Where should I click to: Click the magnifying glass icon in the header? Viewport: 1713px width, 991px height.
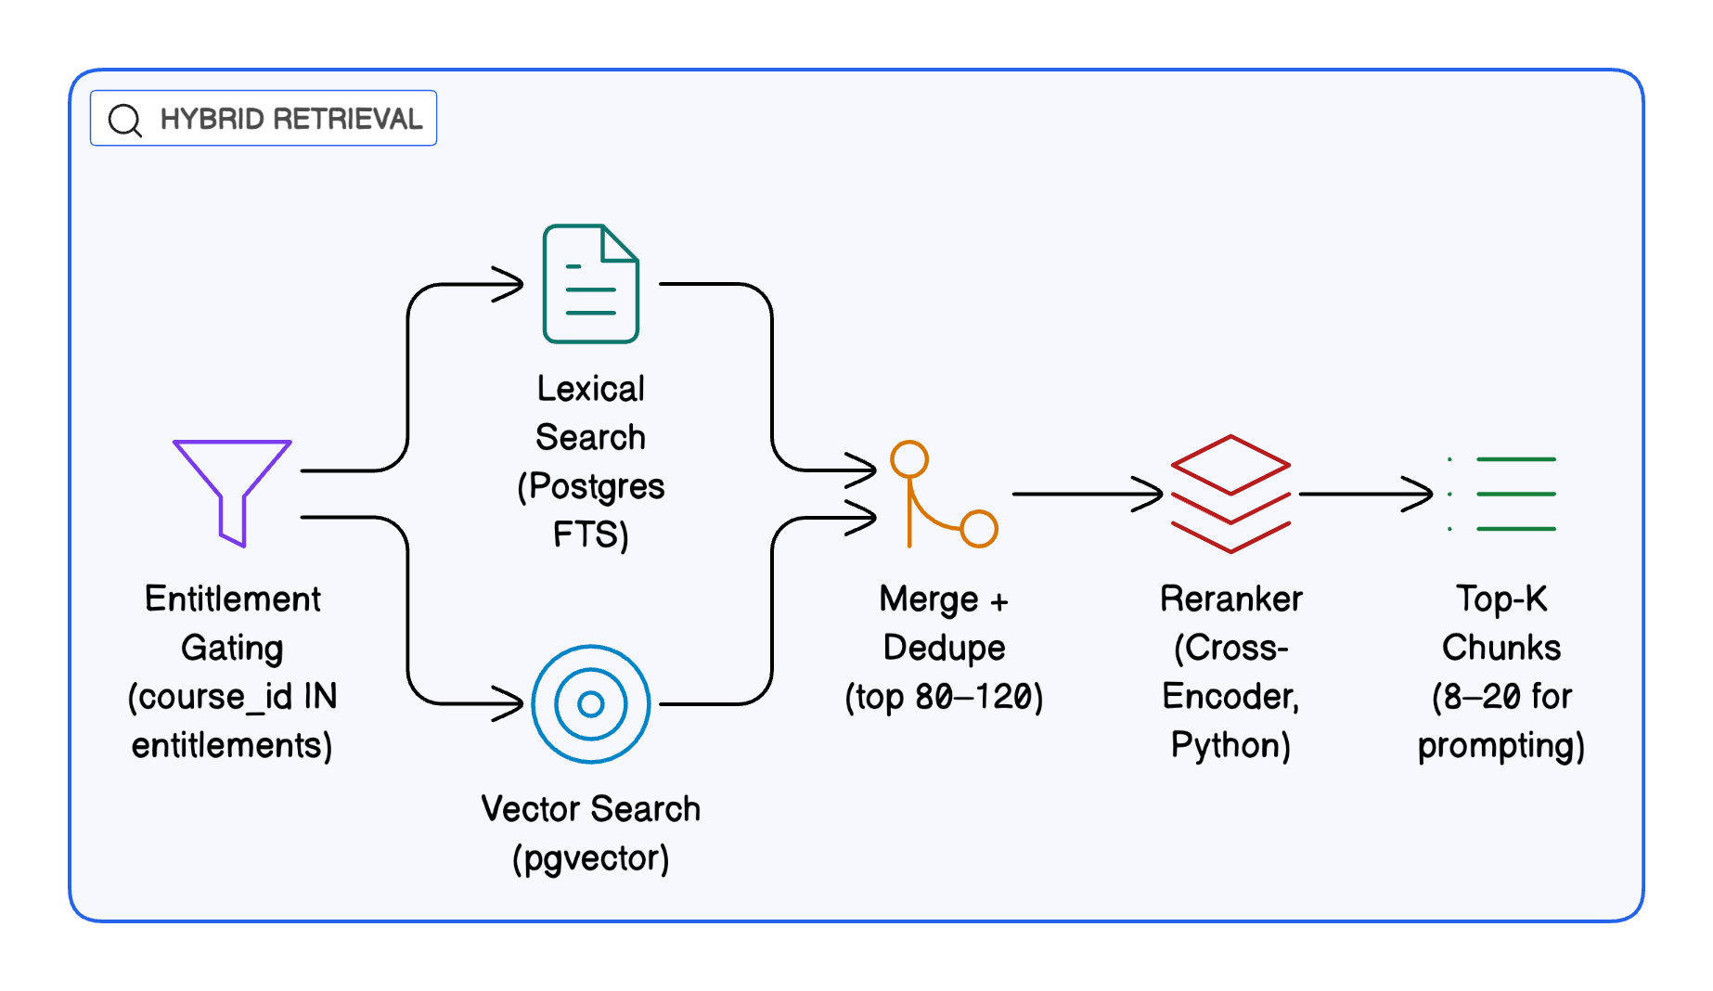click(x=124, y=120)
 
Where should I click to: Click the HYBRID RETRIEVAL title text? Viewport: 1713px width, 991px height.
click(x=290, y=120)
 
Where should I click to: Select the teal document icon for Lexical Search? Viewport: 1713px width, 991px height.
click(x=591, y=284)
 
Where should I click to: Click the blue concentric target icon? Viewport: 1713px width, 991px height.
click(x=591, y=704)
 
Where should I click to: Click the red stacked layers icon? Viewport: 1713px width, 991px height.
click(x=1230, y=494)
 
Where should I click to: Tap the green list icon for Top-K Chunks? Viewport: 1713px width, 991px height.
click(x=1503, y=494)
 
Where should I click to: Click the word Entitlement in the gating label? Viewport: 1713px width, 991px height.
click(x=232, y=599)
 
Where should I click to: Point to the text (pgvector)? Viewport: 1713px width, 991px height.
click(x=591, y=858)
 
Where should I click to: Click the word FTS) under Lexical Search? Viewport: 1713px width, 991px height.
click(x=591, y=535)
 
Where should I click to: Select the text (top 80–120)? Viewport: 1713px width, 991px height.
click(x=944, y=697)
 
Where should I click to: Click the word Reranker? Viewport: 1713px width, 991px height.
click(x=1230, y=599)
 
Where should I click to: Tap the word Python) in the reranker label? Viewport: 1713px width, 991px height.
click(x=1230, y=746)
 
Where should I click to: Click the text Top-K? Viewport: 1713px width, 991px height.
click(x=1501, y=599)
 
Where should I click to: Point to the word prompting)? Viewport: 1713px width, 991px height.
click(x=1501, y=746)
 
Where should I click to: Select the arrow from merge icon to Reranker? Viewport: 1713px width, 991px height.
click(x=1086, y=494)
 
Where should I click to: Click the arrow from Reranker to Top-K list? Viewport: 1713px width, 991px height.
click(x=1364, y=494)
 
